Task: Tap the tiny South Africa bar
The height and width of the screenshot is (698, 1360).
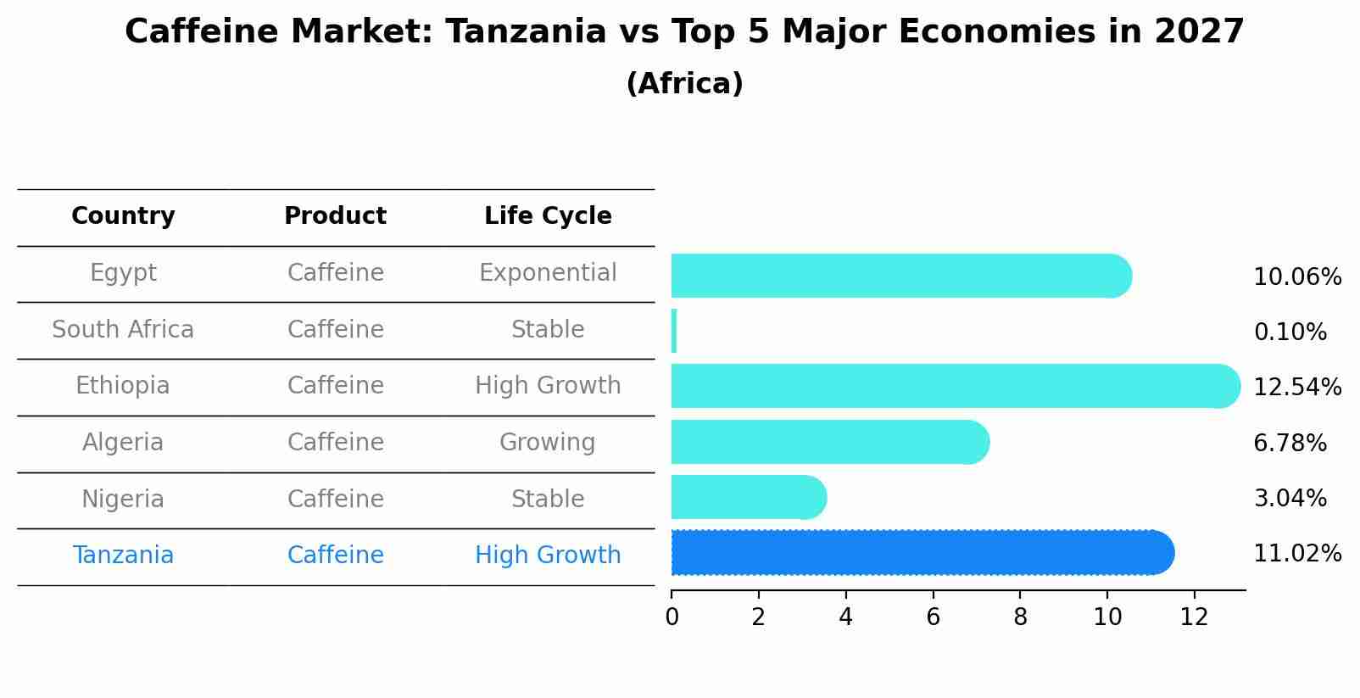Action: click(x=674, y=331)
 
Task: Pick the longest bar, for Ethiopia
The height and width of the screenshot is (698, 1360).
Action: click(x=955, y=386)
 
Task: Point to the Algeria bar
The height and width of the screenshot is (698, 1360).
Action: click(x=829, y=442)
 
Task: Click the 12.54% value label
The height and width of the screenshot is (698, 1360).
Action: click(x=1297, y=387)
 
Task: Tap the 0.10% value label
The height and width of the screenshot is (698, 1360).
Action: click(x=1290, y=332)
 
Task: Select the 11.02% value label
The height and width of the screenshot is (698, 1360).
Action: click(x=1297, y=553)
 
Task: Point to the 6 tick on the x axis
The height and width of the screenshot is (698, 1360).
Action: click(x=933, y=617)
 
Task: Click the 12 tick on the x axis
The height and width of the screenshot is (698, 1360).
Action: click(x=1194, y=617)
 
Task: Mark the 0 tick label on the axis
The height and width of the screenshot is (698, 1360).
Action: click(x=672, y=617)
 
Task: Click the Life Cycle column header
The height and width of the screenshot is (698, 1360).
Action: click(x=548, y=216)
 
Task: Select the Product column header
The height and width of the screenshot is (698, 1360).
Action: click(x=335, y=216)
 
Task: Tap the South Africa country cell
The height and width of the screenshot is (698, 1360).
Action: click(x=123, y=329)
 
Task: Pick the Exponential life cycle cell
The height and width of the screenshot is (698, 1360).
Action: click(x=548, y=272)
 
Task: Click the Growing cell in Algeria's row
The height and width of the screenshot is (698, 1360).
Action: click(x=548, y=442)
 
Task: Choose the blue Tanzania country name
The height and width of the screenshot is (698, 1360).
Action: click(x=123, y=555)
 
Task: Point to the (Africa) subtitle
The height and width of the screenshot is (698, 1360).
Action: click(x=684, y=83)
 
